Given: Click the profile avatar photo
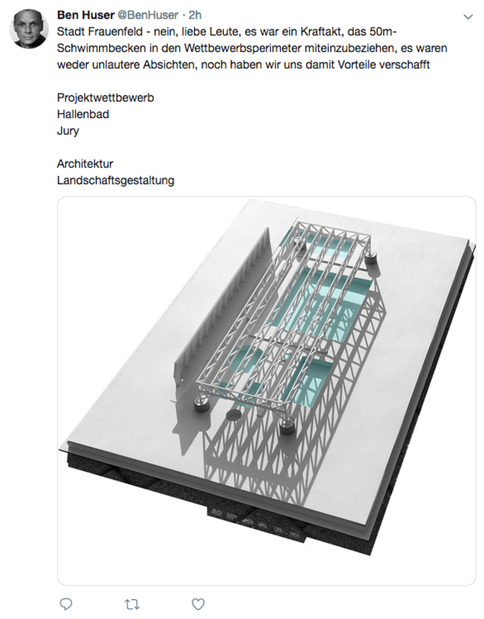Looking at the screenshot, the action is tap(29, 29).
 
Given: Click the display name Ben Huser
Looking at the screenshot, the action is tap(86, 15).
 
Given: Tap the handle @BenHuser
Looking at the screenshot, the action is tap(148, 15).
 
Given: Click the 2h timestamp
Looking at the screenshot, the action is tap(195, 15).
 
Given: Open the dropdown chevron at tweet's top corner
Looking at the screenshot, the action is tap(468, 17).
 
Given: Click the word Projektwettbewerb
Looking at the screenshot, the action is tap(105, 98).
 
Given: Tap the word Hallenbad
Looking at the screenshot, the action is tap(83, 114).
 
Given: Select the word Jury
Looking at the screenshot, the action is tap(68, 131).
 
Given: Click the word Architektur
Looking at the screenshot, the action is tap(85, 164).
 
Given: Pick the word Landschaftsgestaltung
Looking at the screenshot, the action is tap(116, 180).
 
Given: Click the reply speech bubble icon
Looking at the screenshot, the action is tap(66, 604).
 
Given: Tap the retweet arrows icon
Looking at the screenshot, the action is tap(132, 604).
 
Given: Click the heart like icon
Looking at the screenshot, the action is tap(198, 604).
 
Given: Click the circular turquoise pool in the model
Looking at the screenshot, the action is tap(244, 359).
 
